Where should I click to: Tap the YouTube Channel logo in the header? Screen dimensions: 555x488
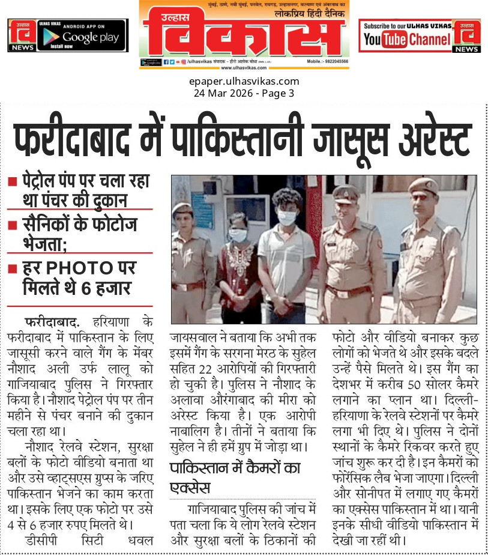pyautogui.click(x=407, y=40)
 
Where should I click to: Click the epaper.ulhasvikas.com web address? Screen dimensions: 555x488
pyautogui.click(x=244, y=82)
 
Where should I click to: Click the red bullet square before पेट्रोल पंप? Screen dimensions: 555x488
pyautogui.click(x=12, y=181)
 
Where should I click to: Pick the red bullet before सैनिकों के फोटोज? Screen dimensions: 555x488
pyautogui.click(x=12, y=225)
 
